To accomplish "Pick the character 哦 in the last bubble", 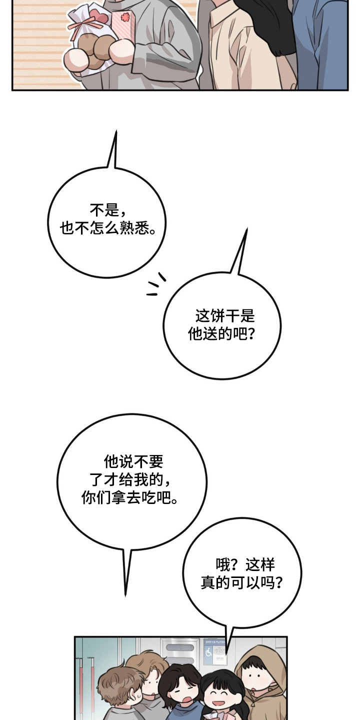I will (223, 565).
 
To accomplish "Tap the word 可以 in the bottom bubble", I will (256, 582).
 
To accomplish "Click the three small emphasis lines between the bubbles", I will (156, 284).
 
